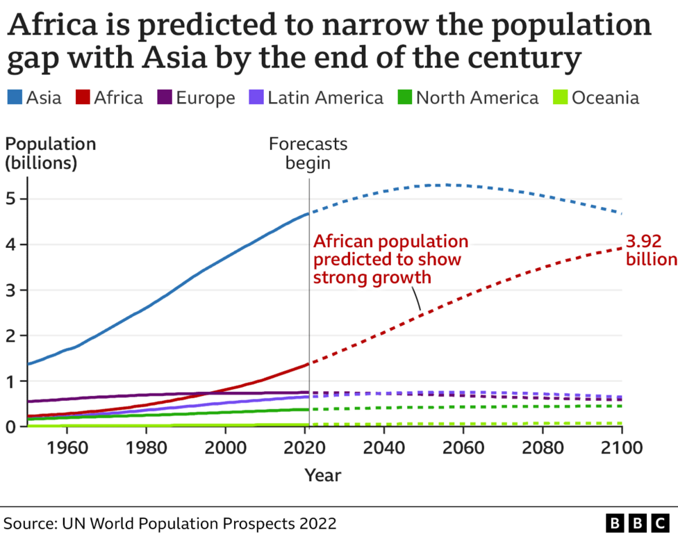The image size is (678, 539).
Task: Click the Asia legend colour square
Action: pos(15,98)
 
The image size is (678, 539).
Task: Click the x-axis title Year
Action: pos(323,475)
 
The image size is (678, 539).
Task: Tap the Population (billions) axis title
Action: pos(51,153)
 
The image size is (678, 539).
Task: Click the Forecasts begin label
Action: pos(308,154)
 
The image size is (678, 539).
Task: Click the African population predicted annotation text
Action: pos(390,260)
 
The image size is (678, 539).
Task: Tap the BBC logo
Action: pos(636,522)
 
